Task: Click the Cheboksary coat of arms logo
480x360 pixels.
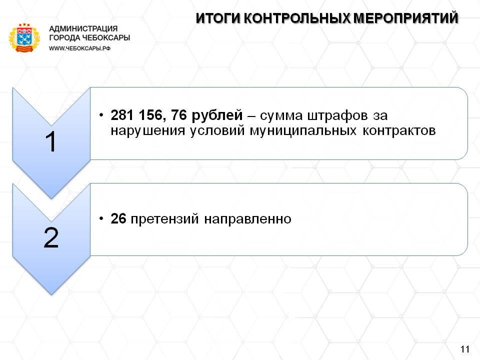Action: click(x=24, y=37)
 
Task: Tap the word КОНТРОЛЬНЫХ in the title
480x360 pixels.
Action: click(x=297, y=18)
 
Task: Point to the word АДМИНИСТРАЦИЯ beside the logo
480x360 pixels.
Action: click(x=83, y=29)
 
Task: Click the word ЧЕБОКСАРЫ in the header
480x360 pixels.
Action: click(x=106, y=37)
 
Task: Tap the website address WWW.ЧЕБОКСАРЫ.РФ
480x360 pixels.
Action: click(x=79, y=48)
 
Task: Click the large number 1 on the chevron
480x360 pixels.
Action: click(x=51, y=141)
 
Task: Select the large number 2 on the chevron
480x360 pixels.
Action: click(x=51, y=237)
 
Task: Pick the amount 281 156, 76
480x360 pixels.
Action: click(x=149, y=115)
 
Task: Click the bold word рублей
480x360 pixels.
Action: click(x=217, y=116)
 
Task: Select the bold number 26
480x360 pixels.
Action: click(x=118, y=219)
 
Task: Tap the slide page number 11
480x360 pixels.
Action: click(x=464, y=349)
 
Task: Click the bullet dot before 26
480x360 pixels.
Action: click(x=101, y=218)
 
